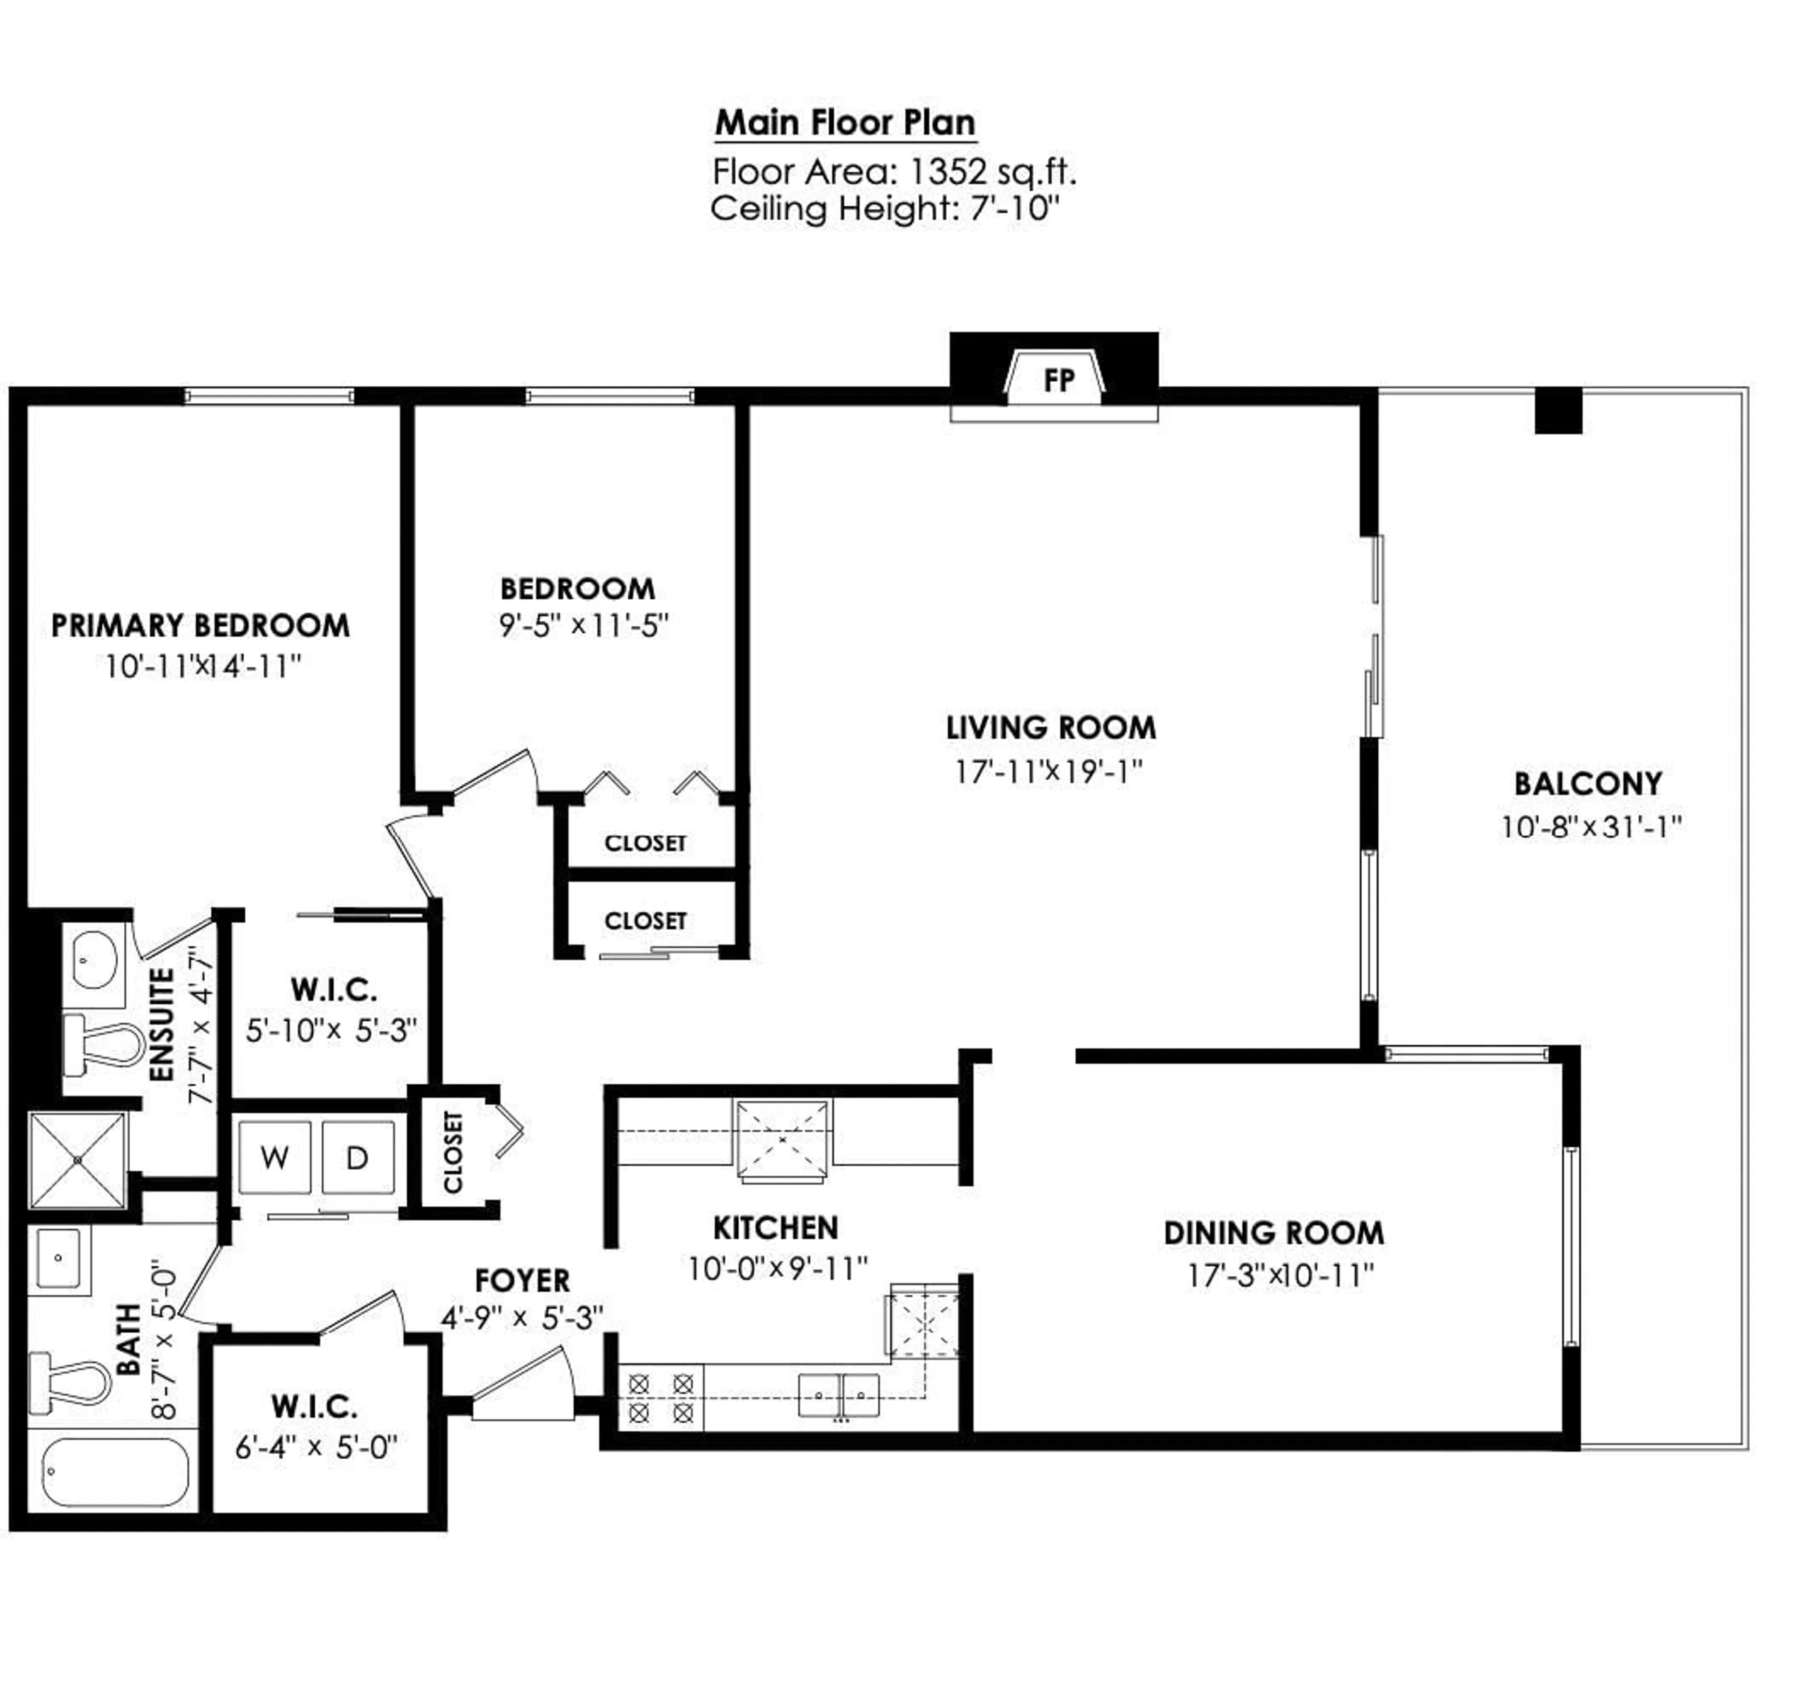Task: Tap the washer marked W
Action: [274, 1157]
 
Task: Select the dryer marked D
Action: [357, 1157]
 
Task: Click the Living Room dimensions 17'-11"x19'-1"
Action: [1048, 772]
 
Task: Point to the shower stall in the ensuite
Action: [77, 1161]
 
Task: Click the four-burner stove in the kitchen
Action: [661, 1398]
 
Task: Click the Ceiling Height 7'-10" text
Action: [884, 209]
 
